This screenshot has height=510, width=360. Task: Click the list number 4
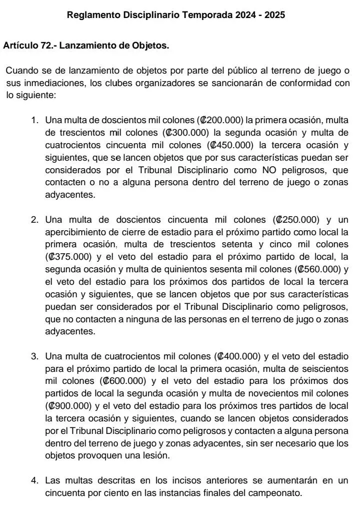[34, 480]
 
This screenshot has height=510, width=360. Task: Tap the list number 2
[34, 220]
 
